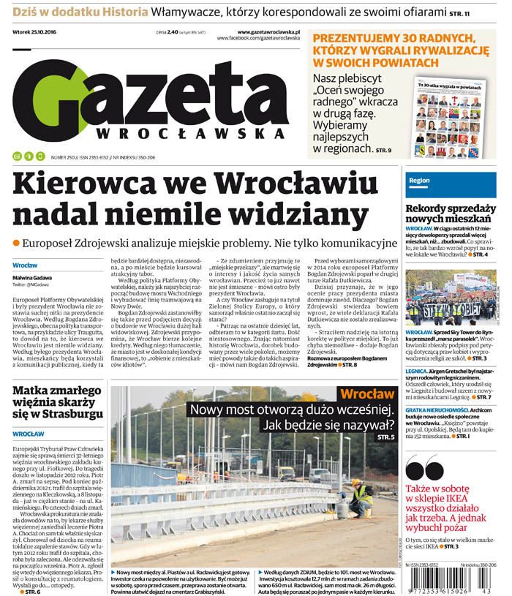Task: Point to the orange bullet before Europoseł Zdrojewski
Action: pos(16,242)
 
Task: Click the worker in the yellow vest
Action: pos(361,499)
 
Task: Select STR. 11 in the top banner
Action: pos(479,13)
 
